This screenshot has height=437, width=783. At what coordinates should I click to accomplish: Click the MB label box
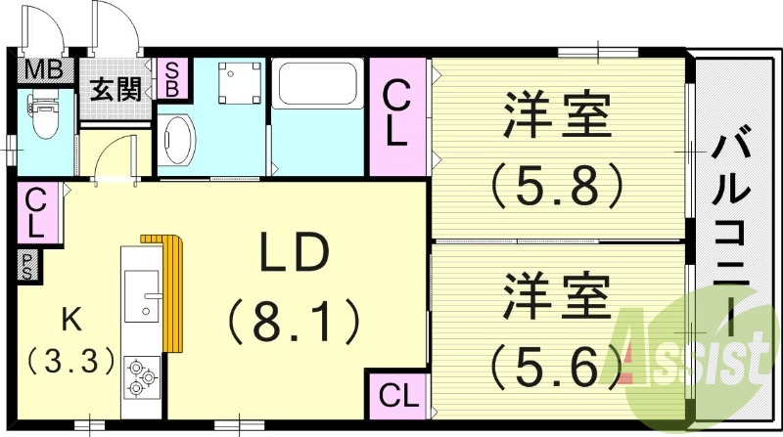[x=42, y=69]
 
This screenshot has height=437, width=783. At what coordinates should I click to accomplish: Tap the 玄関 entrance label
[x=116, y=90]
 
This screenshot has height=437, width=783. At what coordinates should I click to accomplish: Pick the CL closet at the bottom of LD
[x=398, y=396]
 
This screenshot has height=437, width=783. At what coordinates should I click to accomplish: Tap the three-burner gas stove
[x=143, y=374]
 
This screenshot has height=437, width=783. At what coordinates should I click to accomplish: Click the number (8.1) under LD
[x=294, y=319]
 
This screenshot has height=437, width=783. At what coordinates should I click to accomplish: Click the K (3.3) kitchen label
[x=69, y=341]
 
